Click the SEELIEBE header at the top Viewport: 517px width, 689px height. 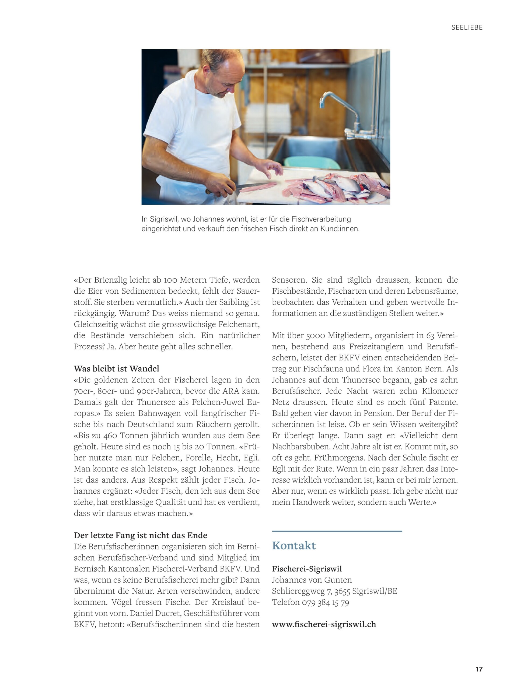pyautogui.click(x=467, y=27)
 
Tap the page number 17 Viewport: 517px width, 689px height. pyautogui.click(x=479, y=669)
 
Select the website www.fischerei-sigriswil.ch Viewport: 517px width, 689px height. pyautogui.click(x=324, y=624)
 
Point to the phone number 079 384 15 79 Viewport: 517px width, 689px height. pyautogui.click(x=325, y=602)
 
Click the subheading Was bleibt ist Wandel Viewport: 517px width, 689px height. pyautogui.click(x=116, y=368)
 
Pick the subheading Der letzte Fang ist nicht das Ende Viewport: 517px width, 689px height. pyautogui.click(x=140, y=535)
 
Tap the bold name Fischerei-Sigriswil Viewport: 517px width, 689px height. pyautogui.click(x=307, y=569)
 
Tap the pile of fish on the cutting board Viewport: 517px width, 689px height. pyautogui.click(x=340, y=187)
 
